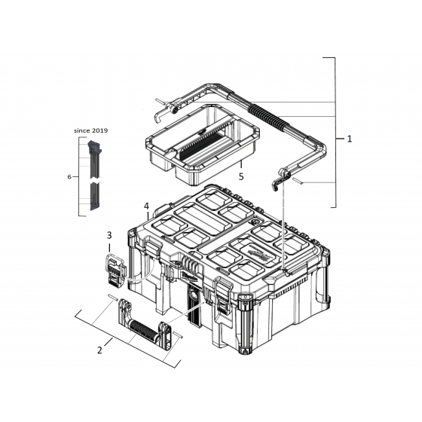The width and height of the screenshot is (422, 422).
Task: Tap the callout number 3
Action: (109, 236)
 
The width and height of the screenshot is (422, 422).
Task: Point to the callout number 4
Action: (146, 205)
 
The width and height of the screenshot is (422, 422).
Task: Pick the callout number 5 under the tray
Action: (241, 176)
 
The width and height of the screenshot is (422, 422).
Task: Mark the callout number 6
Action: (69, 176)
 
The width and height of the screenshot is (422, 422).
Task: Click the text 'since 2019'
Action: (91, 130)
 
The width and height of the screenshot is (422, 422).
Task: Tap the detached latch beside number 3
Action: (115, 270)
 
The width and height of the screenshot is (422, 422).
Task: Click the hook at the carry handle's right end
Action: (280, 179)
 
